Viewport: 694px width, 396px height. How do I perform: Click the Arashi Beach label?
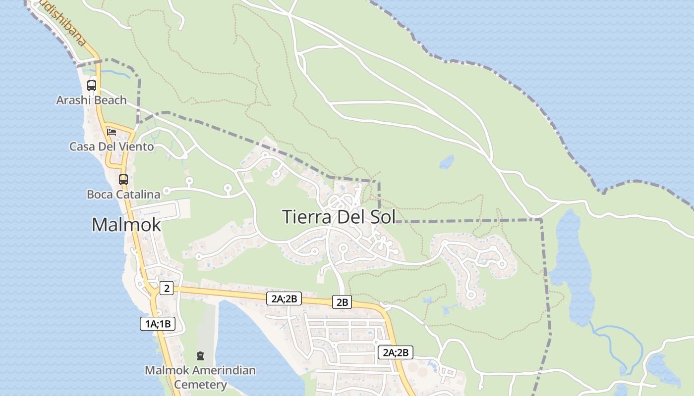[91, 100]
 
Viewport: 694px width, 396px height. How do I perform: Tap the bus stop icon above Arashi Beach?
[92, 85]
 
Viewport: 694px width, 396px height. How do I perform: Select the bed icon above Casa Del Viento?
[112, 132]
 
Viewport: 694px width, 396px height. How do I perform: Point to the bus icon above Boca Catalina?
[123, 179]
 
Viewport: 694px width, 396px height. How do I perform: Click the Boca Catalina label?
[123, 195]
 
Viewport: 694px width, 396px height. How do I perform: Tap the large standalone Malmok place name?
[126, 225]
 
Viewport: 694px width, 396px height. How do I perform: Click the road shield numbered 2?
[167, 288]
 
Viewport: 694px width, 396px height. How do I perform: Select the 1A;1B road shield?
[158, 324]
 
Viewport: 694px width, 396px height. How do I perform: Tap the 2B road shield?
[342, 302]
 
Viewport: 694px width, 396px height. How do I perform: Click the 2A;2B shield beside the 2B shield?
[284, 298]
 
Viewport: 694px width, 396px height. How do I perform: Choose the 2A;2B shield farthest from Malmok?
[396, 352]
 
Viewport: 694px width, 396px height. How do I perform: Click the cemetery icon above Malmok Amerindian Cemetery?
[200, 355]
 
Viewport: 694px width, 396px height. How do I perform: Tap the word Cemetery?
[200, 384]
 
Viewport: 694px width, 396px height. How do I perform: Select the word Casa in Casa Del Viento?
[81, 147]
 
